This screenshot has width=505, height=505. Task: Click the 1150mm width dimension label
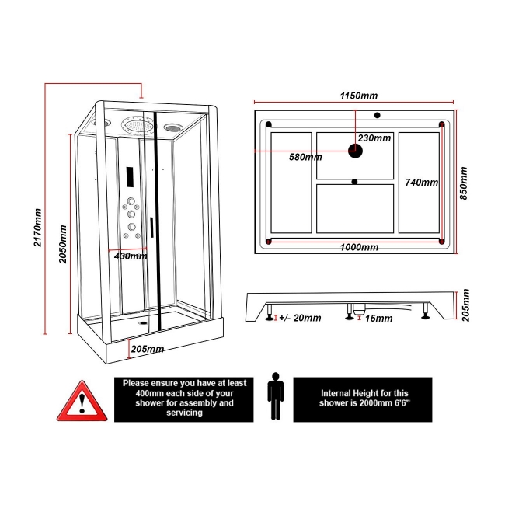pyautogui.click(x=359, y=96)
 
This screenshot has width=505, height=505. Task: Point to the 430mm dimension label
pyautogui.click(x=131, y=256)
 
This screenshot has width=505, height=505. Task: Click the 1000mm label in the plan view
pyautogui.click(x=359, y=247)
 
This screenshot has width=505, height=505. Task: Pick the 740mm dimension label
pyautogui.click(x=422, y=183)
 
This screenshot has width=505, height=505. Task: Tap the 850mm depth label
pyautogui.click(x=464, y=183)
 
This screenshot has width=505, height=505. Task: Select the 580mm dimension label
pyautogui.click(x=305, y=157)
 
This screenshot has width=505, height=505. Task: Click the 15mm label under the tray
pyautogui.click(x=378, y=318)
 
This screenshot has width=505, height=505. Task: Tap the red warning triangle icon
pyautogui.click(x=81, y=400)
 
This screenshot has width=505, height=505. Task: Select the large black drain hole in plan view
pyautogui.click(x=356, y=151)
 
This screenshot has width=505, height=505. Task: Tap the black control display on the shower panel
pyautogui.click(x=130, y=179)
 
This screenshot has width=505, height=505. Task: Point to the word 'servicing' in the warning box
pyautogui.click(x=183, y=413)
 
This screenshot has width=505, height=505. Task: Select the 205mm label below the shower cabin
pyautogui.click(x=148, y=349)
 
